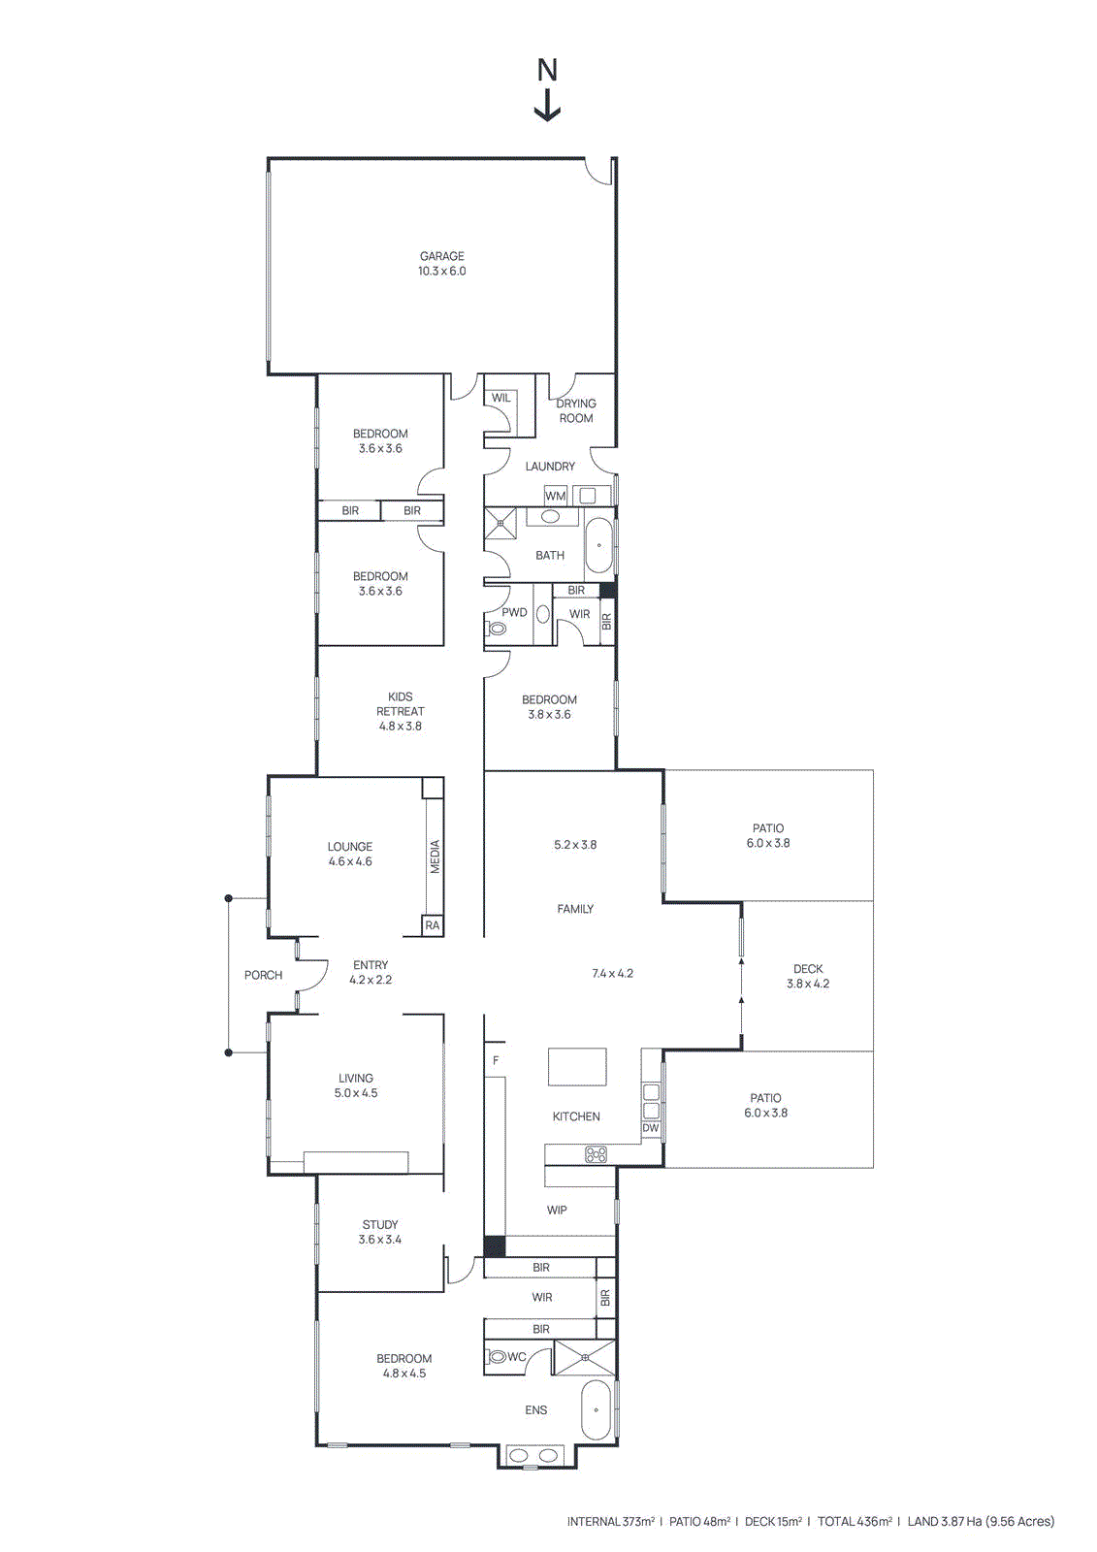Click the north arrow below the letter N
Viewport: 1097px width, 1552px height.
point(547,106)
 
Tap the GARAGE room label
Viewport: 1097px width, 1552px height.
point(441,263)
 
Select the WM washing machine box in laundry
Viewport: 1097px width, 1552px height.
point(555,496)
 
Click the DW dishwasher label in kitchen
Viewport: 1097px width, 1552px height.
point(650,1128)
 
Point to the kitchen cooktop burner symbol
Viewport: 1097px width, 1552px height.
point(596,1154)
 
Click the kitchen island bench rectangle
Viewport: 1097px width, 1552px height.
point(577,1066)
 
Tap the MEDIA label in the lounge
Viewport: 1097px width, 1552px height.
point(435,857)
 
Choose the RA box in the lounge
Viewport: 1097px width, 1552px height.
point(433,925)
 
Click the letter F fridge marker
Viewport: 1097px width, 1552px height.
point(496,1060)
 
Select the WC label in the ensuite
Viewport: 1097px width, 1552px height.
point(517,1357)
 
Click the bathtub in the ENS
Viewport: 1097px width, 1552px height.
point(596,1410)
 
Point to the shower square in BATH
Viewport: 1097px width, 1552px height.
point(500,523)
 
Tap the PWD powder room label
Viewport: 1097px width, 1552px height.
point(514,612)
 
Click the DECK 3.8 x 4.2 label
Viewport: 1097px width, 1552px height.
point(808,976)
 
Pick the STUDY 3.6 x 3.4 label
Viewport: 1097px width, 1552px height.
point(380,1232)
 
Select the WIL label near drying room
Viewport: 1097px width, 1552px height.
point(500,398)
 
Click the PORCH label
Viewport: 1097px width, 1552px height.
point(263,975)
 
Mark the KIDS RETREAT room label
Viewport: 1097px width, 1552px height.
point(400,711)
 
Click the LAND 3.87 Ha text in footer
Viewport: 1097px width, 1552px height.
point(980,1521)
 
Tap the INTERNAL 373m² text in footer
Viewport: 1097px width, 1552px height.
point(610,1521)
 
